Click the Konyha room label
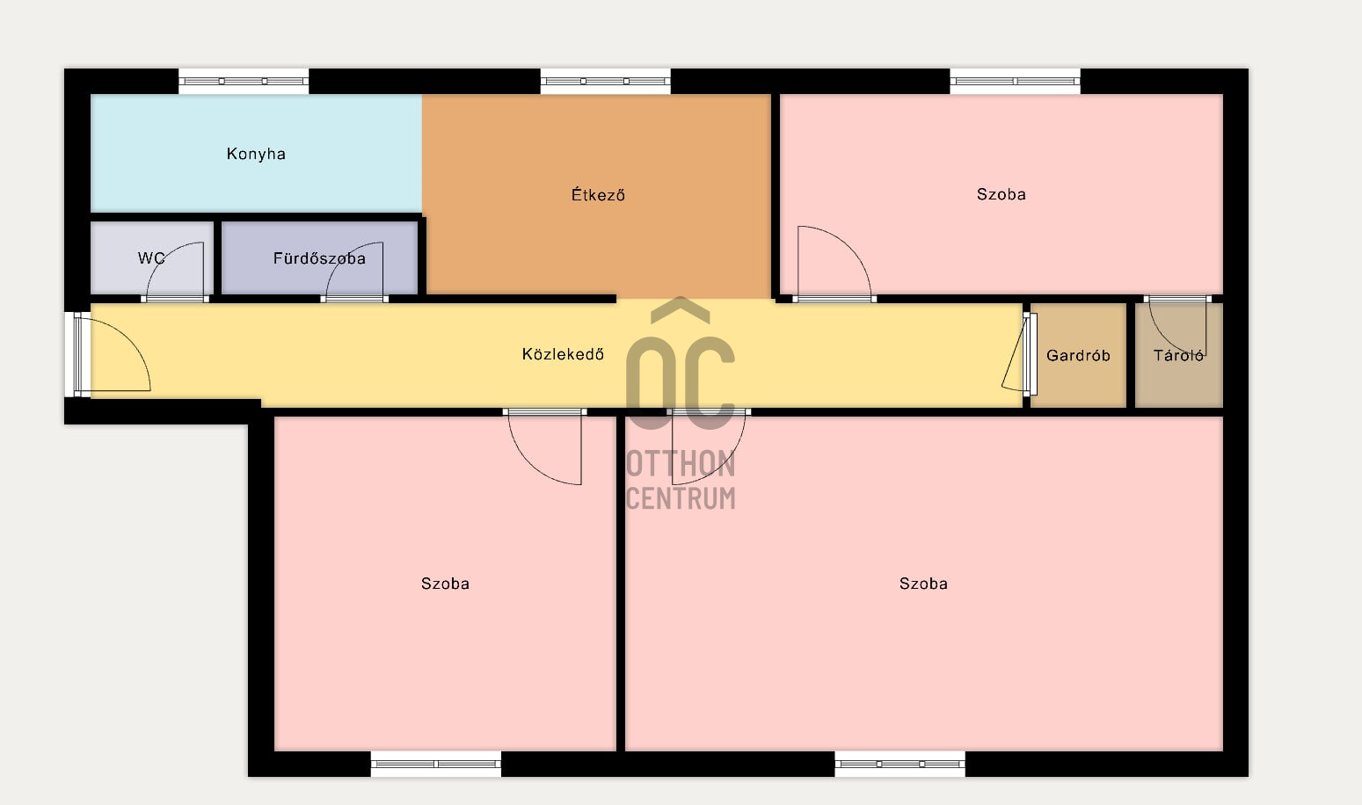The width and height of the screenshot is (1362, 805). point(256,154)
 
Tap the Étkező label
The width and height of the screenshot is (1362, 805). point(598,195)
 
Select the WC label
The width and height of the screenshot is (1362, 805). point(151,258)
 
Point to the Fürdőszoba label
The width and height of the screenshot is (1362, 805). point(319,258)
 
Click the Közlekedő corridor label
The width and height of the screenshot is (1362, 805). point(563,354)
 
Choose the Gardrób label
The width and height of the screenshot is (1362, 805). point(1078,356)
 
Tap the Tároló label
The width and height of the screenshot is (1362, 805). point(1178,356)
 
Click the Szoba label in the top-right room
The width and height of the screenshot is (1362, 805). point(1001,194)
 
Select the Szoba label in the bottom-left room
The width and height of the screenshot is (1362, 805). point(445,584)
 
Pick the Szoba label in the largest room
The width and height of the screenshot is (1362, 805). point(923,584)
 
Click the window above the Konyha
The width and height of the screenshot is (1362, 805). point(244,81)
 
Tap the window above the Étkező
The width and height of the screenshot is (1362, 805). point(605,81)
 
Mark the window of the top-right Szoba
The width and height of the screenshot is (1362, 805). point(1015,81)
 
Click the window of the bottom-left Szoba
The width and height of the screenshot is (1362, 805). point(436,764)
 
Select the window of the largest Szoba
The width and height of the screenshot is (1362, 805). point(900,764)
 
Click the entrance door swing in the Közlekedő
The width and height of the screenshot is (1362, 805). point(114,356)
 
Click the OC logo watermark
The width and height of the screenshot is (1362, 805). point(681,369)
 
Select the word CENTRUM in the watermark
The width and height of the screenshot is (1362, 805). point(681,498)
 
